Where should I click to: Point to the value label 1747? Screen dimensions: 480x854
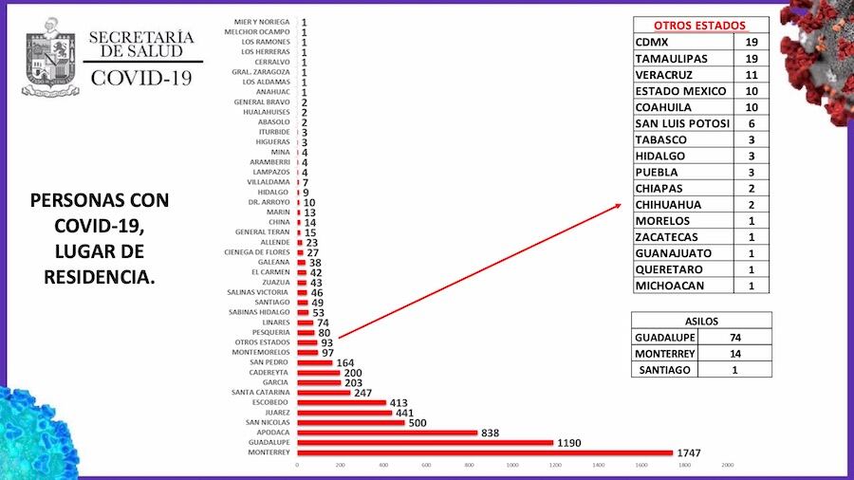point(689,453)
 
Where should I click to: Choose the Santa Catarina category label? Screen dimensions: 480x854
point(262,392)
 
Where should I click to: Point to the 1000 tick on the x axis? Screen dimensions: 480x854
point(512,465)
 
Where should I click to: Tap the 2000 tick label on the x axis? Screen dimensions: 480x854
point(728,465)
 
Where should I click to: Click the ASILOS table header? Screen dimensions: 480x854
point(701,321)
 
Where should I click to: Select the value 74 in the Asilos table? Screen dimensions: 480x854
point(733,338)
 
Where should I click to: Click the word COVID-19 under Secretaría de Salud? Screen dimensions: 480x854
point(141,77)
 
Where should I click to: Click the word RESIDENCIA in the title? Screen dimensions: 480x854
point(100,276)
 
